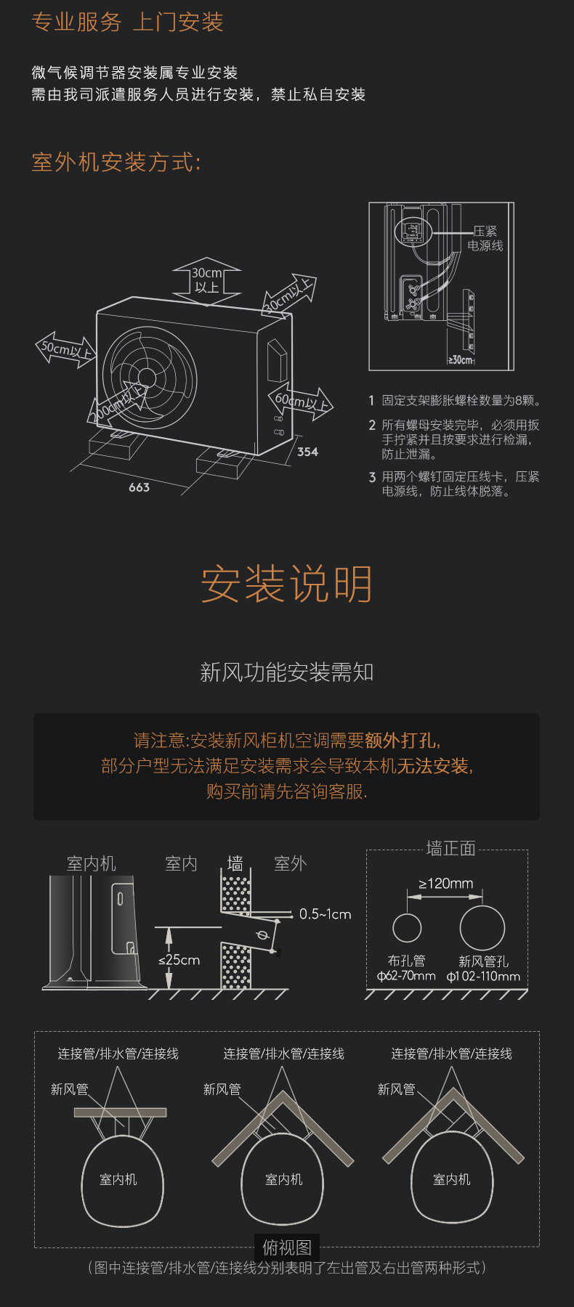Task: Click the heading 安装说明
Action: pos(286,584)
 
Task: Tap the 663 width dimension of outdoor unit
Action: pos(139,487)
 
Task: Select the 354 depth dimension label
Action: pos(307,452)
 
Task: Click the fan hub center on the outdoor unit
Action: pos(147,378)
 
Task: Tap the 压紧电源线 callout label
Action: pos(485,238)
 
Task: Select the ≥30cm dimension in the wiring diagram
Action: pos(460,360)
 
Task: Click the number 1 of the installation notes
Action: pos(371,401)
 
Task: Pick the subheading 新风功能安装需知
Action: pos(286,672)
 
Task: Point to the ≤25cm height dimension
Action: pos(179,960)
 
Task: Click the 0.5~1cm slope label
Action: pos(325,914)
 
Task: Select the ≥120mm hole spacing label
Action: pos(445,884)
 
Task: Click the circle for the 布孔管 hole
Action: pos(407,928)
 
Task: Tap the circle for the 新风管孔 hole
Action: pos(482,928)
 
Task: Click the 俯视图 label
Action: pos(287,1247)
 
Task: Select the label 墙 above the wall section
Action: pos(235,863)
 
